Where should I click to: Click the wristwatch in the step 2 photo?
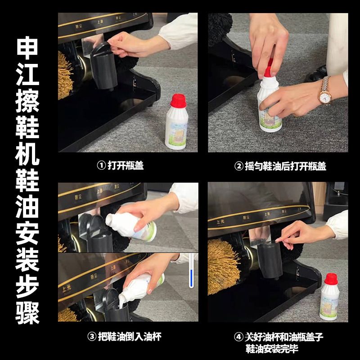pos(324,90)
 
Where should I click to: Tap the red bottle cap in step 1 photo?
pos(178,100)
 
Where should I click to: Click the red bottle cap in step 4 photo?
pos(331,279)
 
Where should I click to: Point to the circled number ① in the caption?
pos(101,165)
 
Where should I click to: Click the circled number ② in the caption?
pos(239,166)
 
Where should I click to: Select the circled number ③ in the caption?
pos(92,337)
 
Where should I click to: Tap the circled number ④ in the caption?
pos(239,337)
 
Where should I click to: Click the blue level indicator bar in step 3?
pos(191,278)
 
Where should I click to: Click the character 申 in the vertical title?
pos(27,48)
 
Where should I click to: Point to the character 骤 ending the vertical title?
pos(27,313)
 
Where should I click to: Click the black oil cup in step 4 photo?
pos(270,260)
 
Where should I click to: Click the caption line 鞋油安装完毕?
pos(272,348)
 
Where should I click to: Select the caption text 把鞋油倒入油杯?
pos(130,337)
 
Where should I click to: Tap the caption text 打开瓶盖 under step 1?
pos(126,165)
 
